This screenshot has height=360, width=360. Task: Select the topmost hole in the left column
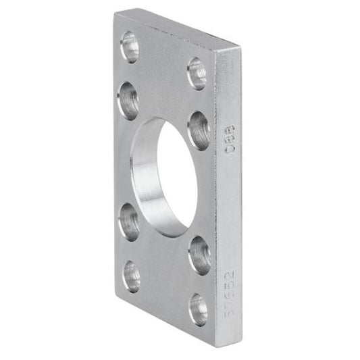(x=129, y=47)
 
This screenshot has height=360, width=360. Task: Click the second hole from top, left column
(x=128, y=100)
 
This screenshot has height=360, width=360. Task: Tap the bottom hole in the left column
(x=132, y=276)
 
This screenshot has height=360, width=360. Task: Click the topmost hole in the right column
(x=197, y=74)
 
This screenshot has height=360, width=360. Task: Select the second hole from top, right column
(x=199, y=130)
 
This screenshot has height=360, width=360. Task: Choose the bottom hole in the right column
(x=199, y=309)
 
